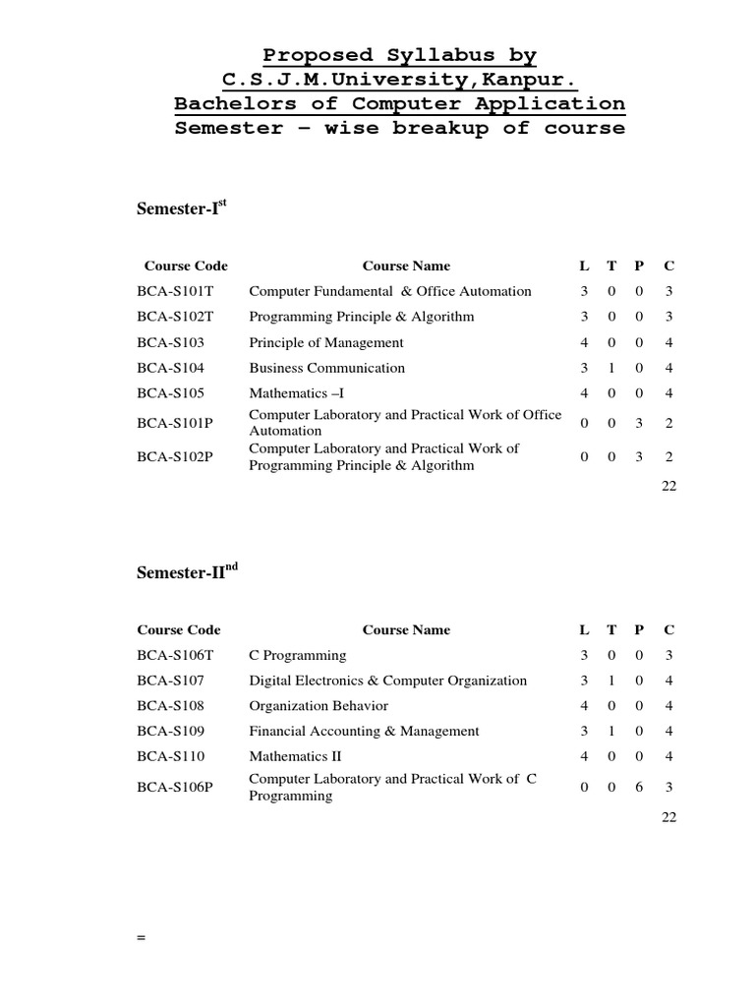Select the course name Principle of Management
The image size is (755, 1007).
pos(326,342)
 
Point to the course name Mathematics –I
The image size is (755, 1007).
pos(296,393)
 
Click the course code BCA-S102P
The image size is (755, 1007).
pos(175,457)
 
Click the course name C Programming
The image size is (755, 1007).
pos(298,655)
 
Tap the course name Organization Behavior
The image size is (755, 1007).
pos(319,706)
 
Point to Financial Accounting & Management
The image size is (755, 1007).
pos(364,732)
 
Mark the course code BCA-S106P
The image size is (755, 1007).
pos(175,787)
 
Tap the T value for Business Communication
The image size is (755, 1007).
pos(611,368)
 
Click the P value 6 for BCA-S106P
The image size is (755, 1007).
pos(640,787)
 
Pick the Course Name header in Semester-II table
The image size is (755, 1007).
pos(406,629)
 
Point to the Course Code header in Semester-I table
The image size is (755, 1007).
pos(186,266)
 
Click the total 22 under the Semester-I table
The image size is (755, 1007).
pos(668,486)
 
